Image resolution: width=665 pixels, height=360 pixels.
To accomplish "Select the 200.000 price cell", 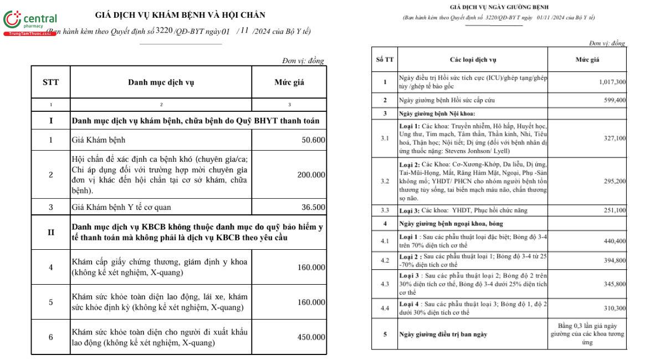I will point(311,175).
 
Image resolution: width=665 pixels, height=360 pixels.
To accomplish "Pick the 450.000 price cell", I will point(311,337).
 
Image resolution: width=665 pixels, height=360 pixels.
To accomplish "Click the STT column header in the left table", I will point(50,83).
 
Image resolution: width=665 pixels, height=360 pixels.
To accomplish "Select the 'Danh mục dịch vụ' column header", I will point(161,83).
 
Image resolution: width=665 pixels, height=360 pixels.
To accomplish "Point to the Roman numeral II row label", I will point(50,232).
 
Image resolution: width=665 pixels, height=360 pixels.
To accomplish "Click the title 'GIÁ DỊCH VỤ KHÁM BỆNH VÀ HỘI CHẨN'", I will point(180,15).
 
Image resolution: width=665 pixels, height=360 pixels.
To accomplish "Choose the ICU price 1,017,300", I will point(612,82).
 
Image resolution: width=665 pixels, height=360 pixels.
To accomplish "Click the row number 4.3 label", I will point(385,284).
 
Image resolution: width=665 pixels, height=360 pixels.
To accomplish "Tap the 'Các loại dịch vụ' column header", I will point(473,59).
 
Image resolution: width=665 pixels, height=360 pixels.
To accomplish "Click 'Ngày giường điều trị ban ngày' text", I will point(443,334).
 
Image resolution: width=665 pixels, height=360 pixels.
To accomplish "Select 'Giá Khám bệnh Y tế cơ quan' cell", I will point(121,208).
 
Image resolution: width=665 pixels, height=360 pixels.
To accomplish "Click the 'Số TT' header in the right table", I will point(385,59).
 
